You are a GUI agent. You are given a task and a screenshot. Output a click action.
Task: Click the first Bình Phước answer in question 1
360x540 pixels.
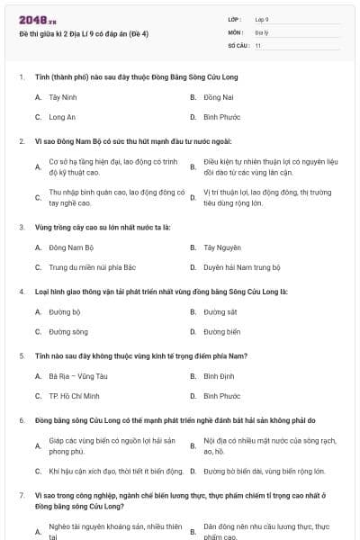222,117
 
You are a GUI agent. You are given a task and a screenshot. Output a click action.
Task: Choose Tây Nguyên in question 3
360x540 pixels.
222,247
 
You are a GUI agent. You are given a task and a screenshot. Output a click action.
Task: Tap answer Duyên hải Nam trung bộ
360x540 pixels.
242,267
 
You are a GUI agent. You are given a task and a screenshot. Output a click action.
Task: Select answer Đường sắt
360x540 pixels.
220,311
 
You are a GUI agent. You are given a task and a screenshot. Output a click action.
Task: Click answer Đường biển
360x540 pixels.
221,331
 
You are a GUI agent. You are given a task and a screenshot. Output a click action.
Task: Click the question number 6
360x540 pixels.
22,420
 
